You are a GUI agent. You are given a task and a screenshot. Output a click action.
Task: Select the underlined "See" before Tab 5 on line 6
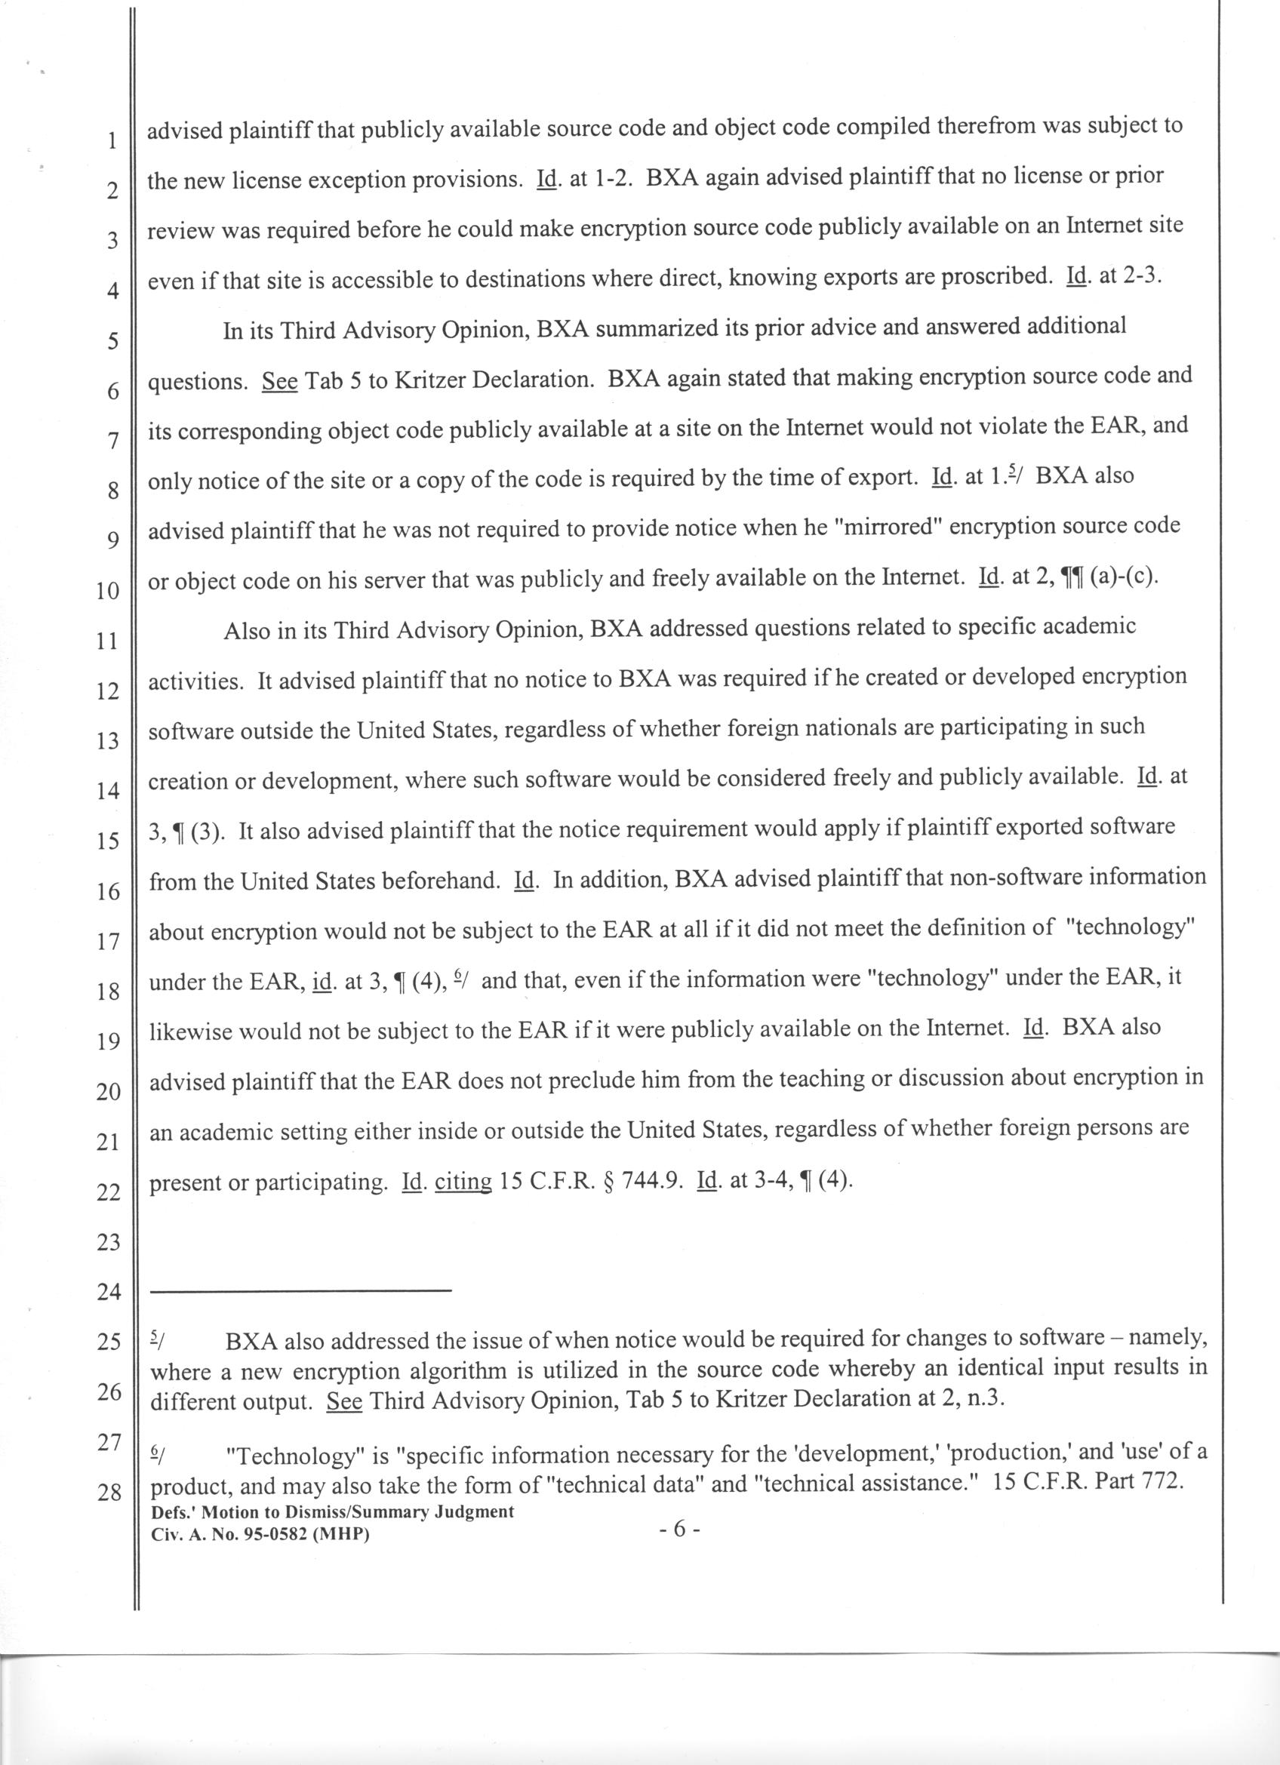click(280, 381)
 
